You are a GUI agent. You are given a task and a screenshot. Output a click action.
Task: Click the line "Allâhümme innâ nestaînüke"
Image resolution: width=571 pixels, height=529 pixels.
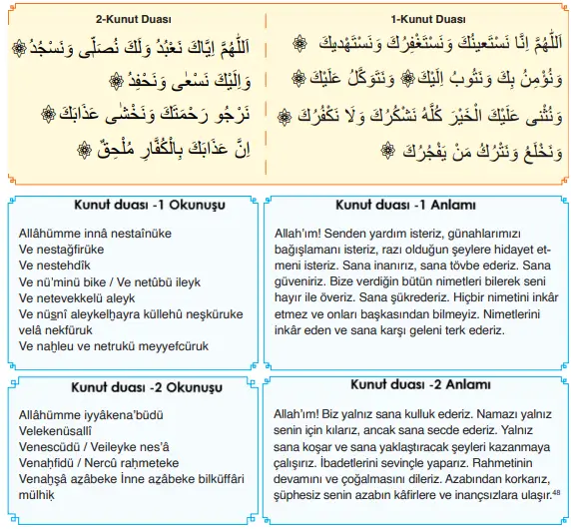95,234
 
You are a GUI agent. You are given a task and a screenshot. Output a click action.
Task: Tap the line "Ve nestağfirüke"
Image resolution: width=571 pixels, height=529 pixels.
63,251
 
